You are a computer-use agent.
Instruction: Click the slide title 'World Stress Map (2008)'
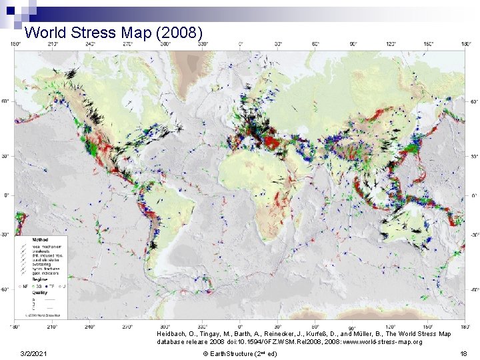pos(113,32)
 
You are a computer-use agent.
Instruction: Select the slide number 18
pos(463,353)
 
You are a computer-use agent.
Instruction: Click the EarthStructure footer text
pos(239,353)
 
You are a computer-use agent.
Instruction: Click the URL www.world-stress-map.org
pos(383,341)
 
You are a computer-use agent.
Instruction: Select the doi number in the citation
pos(251,341)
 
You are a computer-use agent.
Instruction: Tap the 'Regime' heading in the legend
pos(29,280)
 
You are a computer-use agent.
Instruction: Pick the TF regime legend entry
pos(55,286)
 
